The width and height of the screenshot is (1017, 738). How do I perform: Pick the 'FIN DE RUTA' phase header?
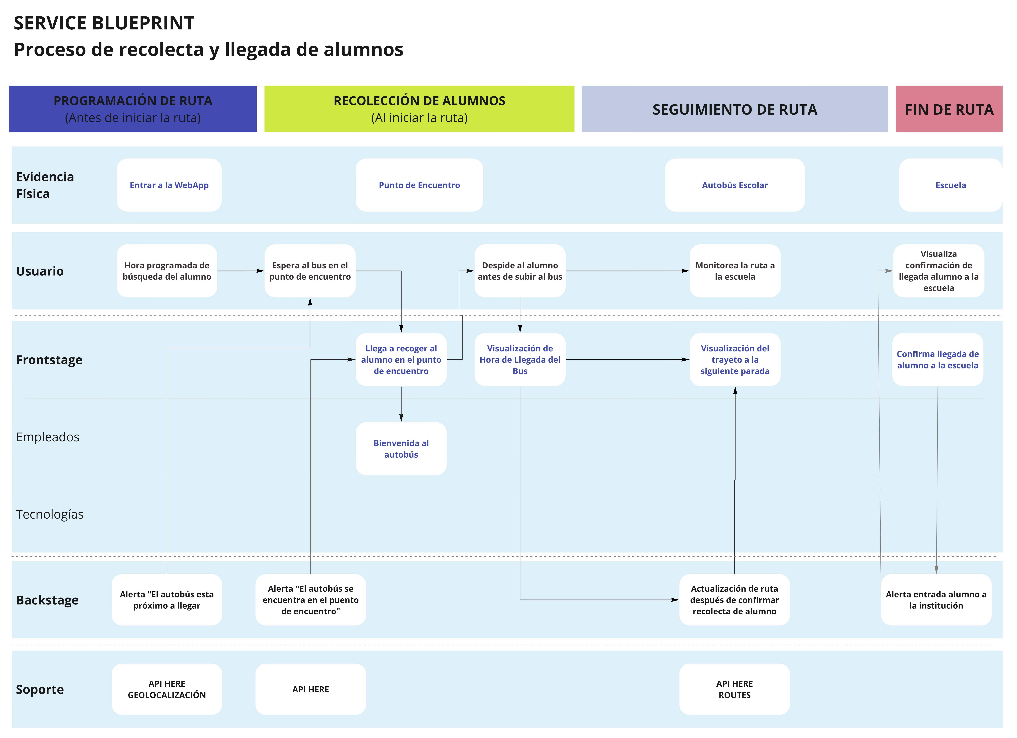[949, 109]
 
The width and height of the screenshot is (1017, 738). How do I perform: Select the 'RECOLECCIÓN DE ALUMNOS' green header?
[419, 109]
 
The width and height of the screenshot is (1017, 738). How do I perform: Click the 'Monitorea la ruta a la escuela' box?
[735, 271]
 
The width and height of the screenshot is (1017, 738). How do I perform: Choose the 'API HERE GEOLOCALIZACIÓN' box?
[167, 689]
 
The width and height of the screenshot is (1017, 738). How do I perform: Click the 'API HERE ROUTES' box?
[734, 689]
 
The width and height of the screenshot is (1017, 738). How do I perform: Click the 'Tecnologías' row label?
[50, 514]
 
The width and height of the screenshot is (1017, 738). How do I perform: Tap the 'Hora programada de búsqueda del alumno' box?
[167, 271]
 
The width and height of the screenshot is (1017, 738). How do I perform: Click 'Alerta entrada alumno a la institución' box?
[936, 600]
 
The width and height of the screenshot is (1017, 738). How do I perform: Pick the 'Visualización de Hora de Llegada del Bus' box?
[520, 360]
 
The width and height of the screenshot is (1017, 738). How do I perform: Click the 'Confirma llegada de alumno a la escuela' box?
[938, 360]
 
